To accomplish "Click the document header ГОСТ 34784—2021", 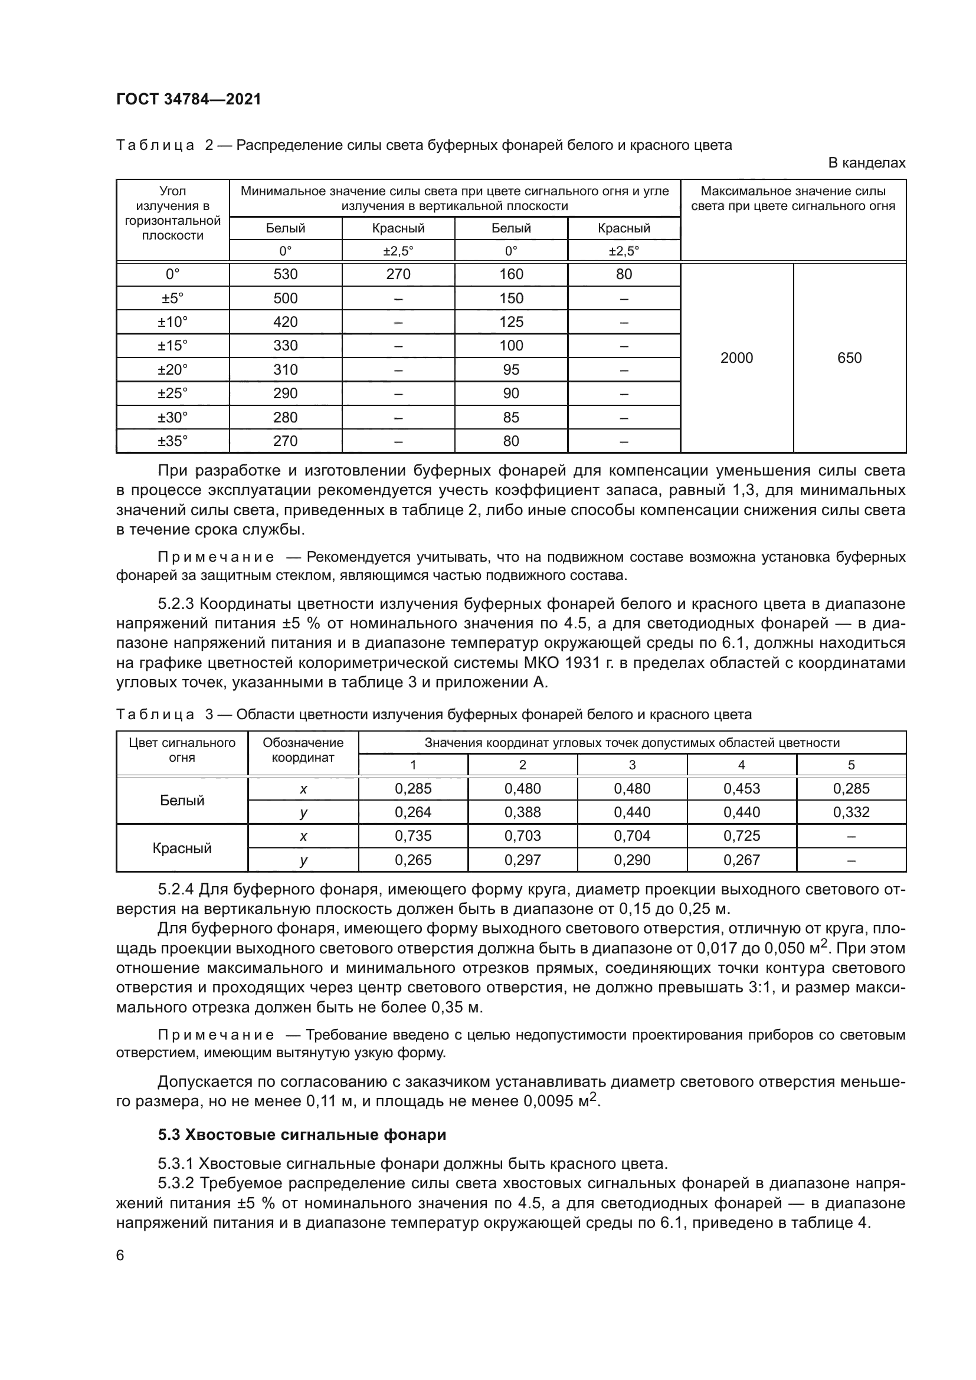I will point(189,99).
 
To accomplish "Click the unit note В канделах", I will point(866,163).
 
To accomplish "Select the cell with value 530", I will point(286,275).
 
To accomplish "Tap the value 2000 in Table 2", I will point(736,358).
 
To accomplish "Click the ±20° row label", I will point(172,370).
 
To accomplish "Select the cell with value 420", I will point(286,322).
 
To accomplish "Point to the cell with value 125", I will point(511,322).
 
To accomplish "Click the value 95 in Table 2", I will point(511,370).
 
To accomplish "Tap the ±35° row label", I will point(172,441).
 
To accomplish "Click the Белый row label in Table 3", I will point(182,801).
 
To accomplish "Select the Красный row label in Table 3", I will point(182,848).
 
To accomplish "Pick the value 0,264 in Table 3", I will point(413,812).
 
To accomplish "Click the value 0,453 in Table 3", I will point(741,789).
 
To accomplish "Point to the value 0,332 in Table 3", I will point(851,812).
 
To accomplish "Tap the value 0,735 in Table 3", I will point(413,836).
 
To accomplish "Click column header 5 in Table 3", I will point(851,765).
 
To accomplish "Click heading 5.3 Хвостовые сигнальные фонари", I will point(302,1135).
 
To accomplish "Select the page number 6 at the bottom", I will point(120,1255).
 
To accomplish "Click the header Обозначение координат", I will point(303,750).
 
